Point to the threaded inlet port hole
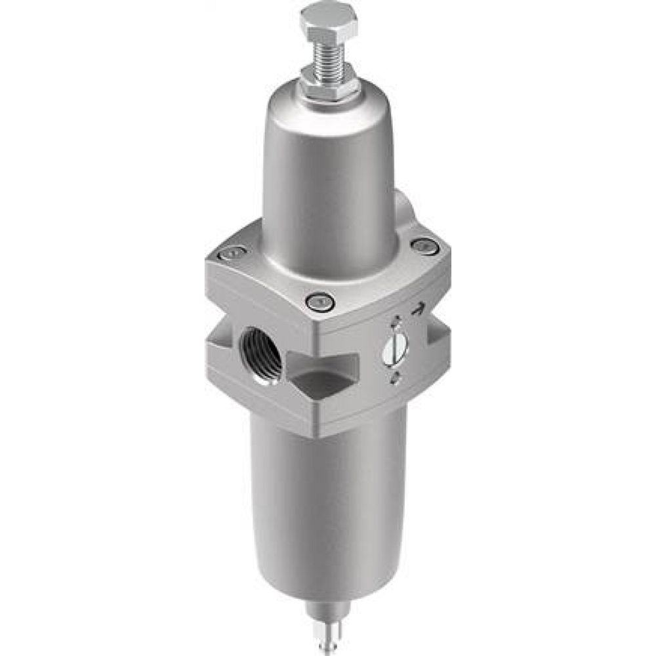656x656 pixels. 261,354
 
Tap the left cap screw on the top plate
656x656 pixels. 232,253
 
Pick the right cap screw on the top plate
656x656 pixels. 424,247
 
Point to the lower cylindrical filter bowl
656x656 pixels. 328,499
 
